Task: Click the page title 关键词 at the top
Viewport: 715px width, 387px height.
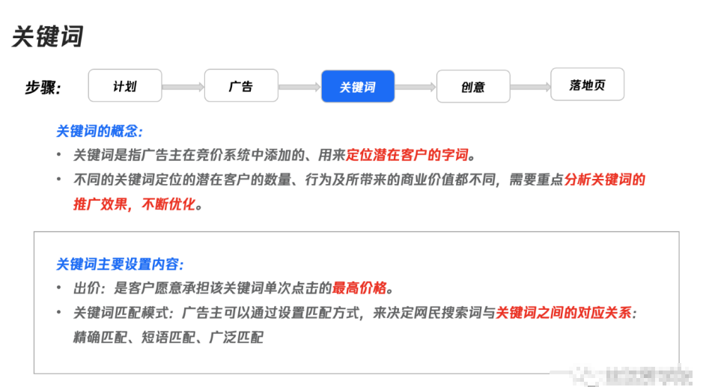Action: coord(47,36)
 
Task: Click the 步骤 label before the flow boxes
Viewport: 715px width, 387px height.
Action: coord(43,88)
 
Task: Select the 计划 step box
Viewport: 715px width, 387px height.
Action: coord(124,85)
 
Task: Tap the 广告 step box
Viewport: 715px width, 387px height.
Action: coord(240,85)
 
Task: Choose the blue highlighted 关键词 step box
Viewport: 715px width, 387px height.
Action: coord(358,87)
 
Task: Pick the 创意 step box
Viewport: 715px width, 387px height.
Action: coord(472,86)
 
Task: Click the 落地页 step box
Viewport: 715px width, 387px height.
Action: coord(587,85)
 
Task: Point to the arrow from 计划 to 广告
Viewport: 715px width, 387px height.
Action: coord(183,88)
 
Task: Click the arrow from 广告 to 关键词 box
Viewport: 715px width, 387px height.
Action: coord(299,88)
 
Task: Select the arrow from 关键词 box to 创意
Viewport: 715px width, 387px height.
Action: coord(416,88)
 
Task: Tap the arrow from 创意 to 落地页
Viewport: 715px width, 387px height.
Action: coord(530,88)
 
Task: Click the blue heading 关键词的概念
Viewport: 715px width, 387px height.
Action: coord(99,131)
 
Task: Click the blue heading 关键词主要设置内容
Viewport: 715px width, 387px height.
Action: coord(120,264)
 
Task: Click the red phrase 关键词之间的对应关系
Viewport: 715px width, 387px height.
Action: coord(563,313)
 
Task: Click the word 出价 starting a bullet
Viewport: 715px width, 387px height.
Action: coord(85,288)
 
